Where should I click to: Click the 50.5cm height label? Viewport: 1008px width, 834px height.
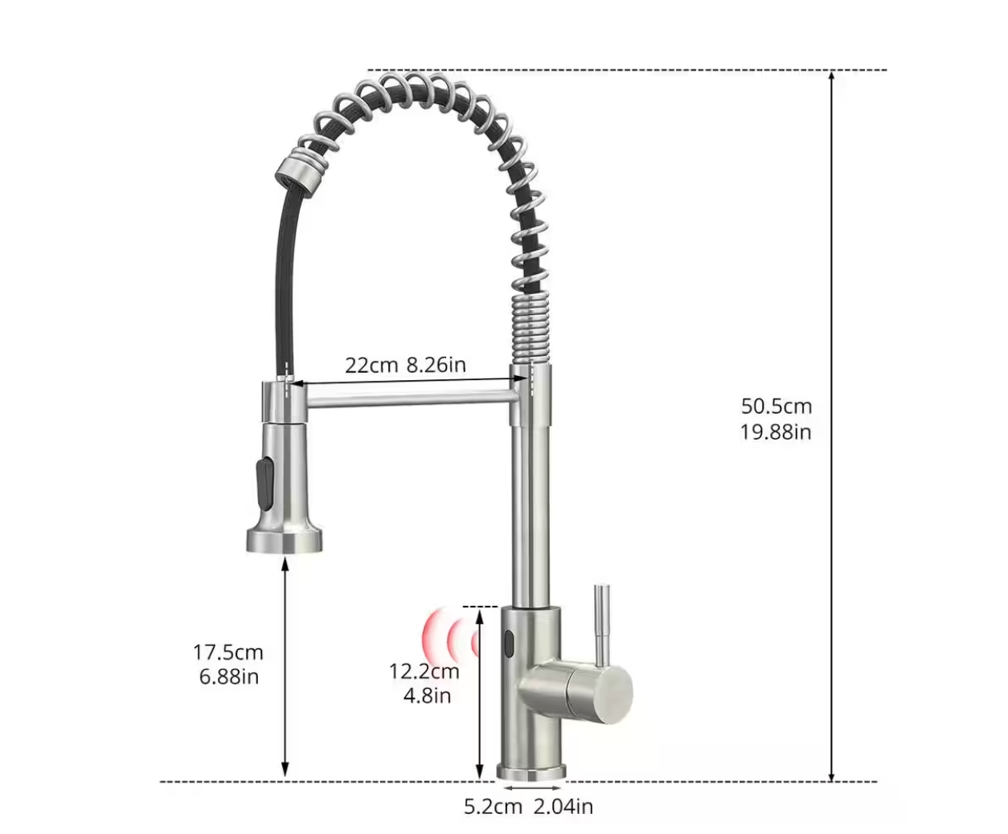776,407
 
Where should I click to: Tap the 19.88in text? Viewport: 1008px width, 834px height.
776,432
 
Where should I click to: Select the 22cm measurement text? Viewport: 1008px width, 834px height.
371,366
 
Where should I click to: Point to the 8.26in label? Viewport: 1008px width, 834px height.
436,365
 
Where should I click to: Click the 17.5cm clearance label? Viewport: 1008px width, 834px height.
228,652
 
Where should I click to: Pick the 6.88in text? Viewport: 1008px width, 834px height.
229,677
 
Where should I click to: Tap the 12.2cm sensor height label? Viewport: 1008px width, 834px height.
424,672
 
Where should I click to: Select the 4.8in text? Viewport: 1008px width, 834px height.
428,696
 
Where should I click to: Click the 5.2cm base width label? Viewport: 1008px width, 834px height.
494,807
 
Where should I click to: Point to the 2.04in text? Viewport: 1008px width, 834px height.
563,807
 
